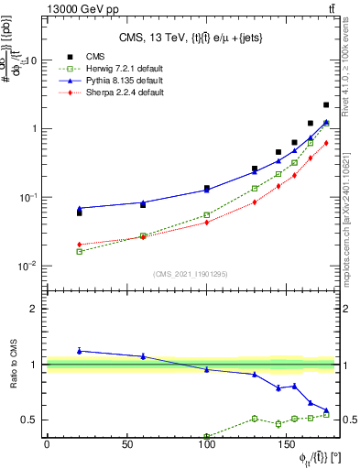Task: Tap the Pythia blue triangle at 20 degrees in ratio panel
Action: click(x=79, y=351)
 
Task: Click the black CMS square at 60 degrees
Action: click(x=143, y=205)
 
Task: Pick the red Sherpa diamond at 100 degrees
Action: click(x=207, y=222)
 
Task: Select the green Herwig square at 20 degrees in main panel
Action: click(x=79, y=251)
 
